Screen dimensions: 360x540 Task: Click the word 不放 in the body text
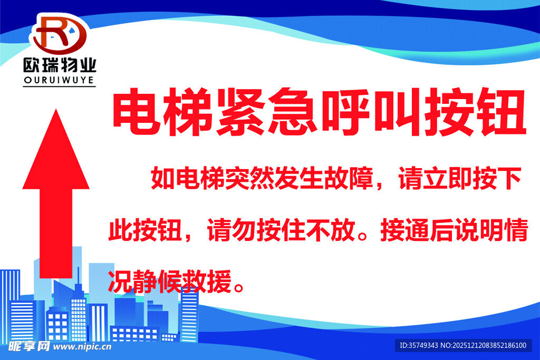pos(337,231)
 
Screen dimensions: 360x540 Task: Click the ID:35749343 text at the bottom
pos(420,346)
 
